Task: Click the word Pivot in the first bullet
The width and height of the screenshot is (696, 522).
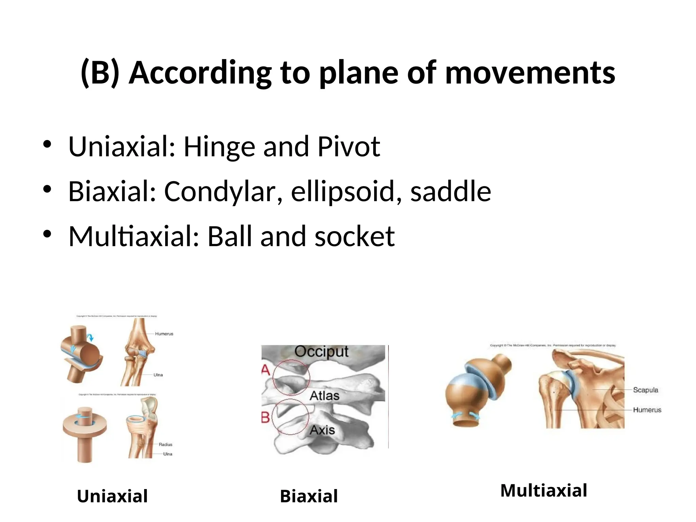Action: tap(349, 147)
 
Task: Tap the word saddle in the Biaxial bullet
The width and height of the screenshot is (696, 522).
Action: tap(450, 191)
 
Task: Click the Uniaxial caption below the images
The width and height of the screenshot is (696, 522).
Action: tap(112, 496)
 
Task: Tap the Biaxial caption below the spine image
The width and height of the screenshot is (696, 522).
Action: tap(309, 496)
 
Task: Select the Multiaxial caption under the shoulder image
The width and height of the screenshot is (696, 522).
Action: tap(543, 490)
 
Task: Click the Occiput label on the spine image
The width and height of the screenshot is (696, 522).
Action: tap(321, 351)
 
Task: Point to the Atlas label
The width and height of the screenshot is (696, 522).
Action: tap(324, 396)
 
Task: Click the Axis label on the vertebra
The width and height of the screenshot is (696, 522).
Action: tap(322, 430)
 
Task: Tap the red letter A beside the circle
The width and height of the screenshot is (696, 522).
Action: tap(265, 370)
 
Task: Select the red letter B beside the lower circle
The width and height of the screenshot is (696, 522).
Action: tap(265, 417)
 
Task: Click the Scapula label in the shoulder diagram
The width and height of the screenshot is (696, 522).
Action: tap(645, 390)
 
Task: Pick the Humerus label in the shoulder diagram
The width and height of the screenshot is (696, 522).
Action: tap(647, 410)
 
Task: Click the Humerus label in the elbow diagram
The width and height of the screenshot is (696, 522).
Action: tap(164, 334)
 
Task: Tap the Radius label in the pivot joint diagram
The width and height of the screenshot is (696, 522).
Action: tap(166, 445)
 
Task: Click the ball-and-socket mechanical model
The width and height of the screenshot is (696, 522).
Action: tap(477, 391)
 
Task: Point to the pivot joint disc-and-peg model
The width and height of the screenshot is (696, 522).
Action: tap(85, 433)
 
